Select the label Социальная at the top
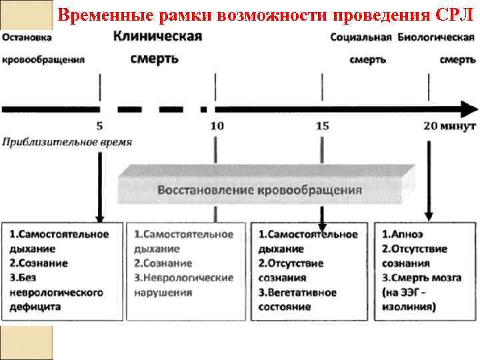[361, 37]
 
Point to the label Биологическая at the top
[436, 37]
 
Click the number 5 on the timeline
[100, 125]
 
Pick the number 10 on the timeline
[217, 125]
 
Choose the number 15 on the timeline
[323, 125]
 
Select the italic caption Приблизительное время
[67, 142]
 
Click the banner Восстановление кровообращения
[259, 189]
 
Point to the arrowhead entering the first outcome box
[100, 217]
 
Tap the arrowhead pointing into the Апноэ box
[429, 217]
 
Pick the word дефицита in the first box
[35, 307]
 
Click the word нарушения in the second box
[163, 293]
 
